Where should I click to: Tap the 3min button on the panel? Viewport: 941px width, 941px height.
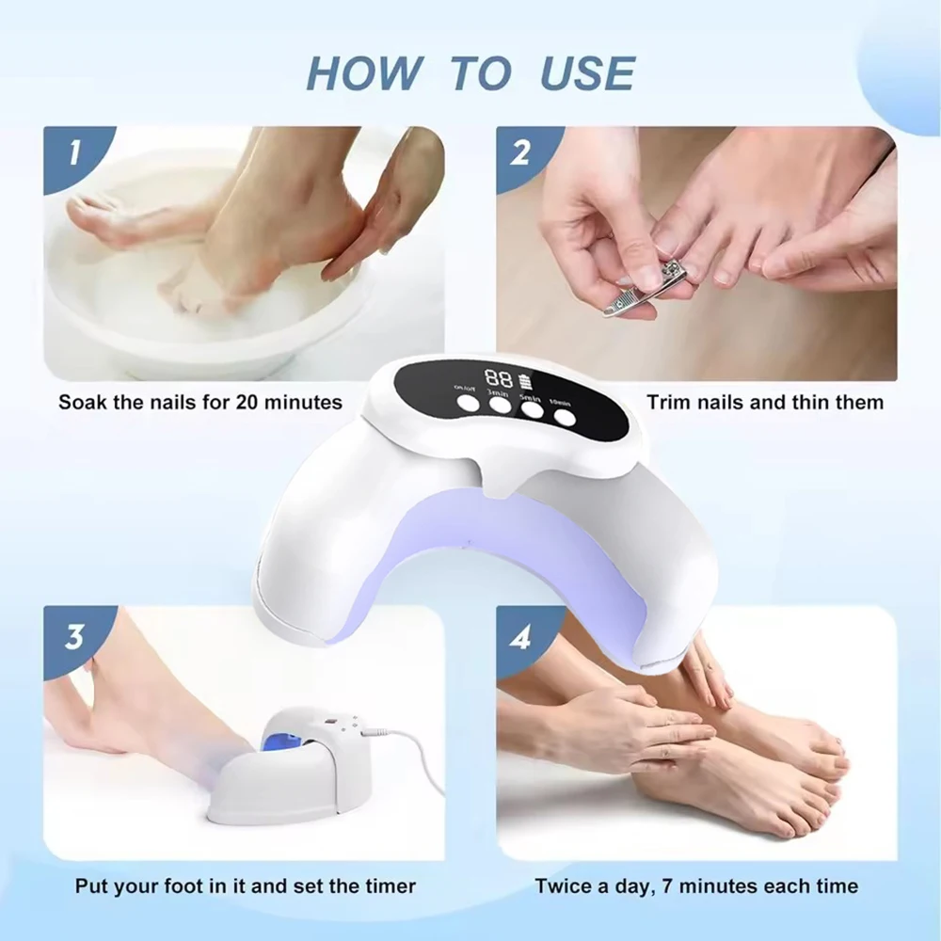coord(499,406)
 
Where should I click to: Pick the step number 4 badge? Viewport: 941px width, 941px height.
coord(520,635)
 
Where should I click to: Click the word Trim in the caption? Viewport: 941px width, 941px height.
coord(667,403)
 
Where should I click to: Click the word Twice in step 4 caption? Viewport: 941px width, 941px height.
coord(564,886)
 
